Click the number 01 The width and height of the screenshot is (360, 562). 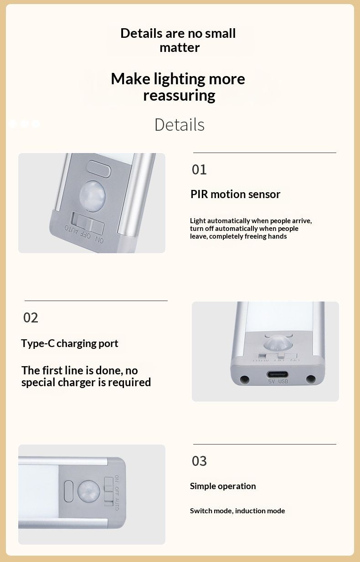tap(199, 169)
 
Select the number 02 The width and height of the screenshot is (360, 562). tap(31, 317)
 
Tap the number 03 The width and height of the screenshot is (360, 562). tap(199, 461)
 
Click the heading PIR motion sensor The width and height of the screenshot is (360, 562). tap(235, 194)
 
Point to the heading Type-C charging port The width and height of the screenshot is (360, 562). tap(70, 343)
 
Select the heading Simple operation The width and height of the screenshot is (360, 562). tap(223, 486)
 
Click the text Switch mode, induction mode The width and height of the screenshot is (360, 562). tap(237, 511)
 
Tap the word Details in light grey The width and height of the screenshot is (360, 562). tap(180, 125)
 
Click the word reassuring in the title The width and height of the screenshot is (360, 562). tap(179, 96)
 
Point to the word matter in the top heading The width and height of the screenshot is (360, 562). tap(180, 47)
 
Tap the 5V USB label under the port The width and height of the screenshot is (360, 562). tap(278, 382)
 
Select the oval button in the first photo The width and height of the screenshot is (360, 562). tap(98, 169)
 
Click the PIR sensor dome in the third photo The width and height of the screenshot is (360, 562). tap(88, 491)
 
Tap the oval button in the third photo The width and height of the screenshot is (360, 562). tap(68, 491)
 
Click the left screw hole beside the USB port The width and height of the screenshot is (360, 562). tap(244, 379)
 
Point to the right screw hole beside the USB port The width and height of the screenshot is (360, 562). tap(310, 379)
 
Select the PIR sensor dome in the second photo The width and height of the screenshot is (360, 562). tap(278, 343)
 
